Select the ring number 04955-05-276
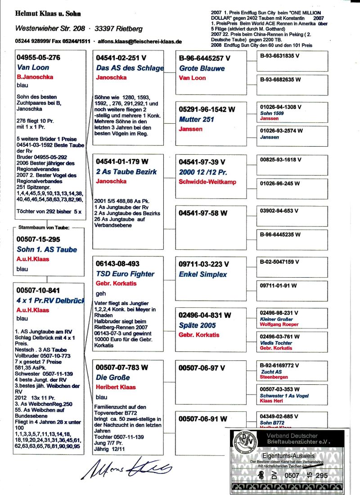(x=38, y=58)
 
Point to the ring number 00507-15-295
(x=38, y=239)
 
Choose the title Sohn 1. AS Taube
(x=47, y=249)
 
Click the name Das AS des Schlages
(x=130, y=68)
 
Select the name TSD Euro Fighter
(x=125, y=274)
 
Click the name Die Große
(x=113, y=378)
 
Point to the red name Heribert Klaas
(x=116, y=387)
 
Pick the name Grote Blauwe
(x=202, y=68)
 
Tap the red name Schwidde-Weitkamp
(x=207, y=182)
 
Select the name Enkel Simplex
(x=203, y=274)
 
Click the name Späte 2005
(x=197, y=325)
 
